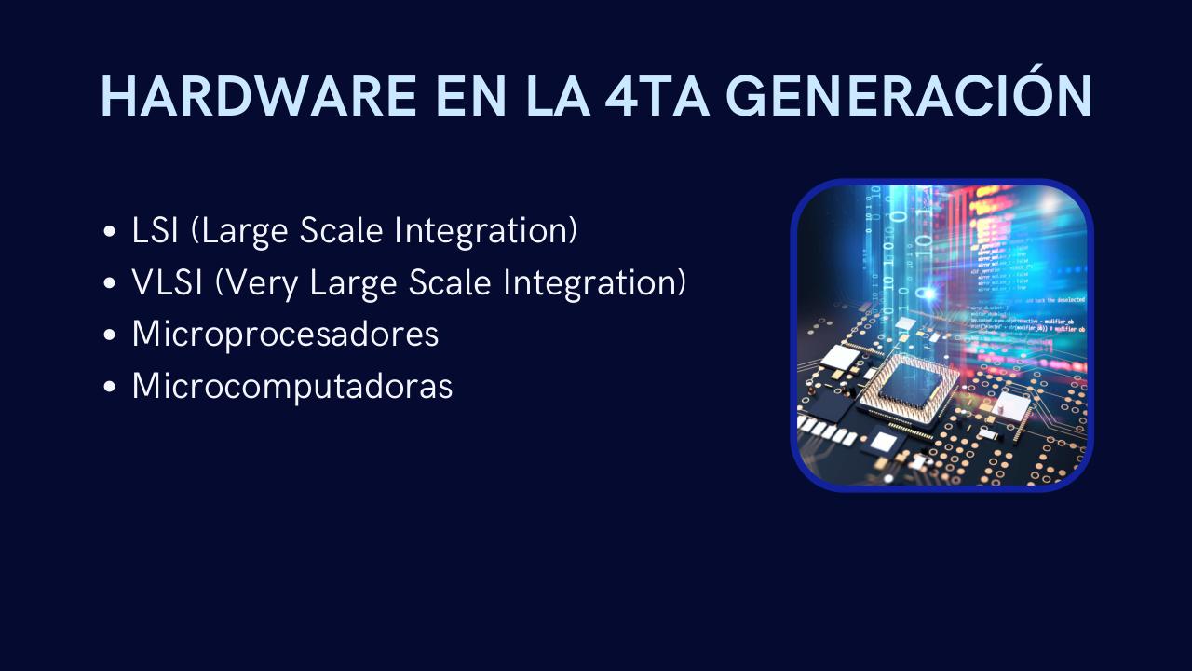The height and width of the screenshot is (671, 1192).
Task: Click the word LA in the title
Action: (x=554, y=96)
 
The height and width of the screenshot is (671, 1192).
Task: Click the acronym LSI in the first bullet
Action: (x=155, y=231)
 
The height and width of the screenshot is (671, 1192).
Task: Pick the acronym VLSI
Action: (x=168, y=282)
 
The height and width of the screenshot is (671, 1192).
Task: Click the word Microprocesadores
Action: (x=285, y=334)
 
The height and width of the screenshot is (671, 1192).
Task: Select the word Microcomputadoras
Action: (x=292, y=385)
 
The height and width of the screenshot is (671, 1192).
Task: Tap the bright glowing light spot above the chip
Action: (x=928, y=293)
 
